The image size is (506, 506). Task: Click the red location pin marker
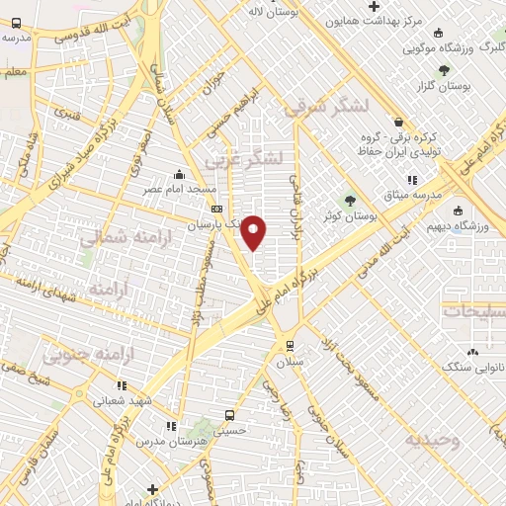(254, 231)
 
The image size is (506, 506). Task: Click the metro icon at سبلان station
(289, 344)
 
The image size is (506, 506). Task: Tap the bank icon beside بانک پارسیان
(216, 209)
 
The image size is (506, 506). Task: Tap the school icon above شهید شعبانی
(121, 385)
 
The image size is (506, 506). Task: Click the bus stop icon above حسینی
(229, 415)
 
